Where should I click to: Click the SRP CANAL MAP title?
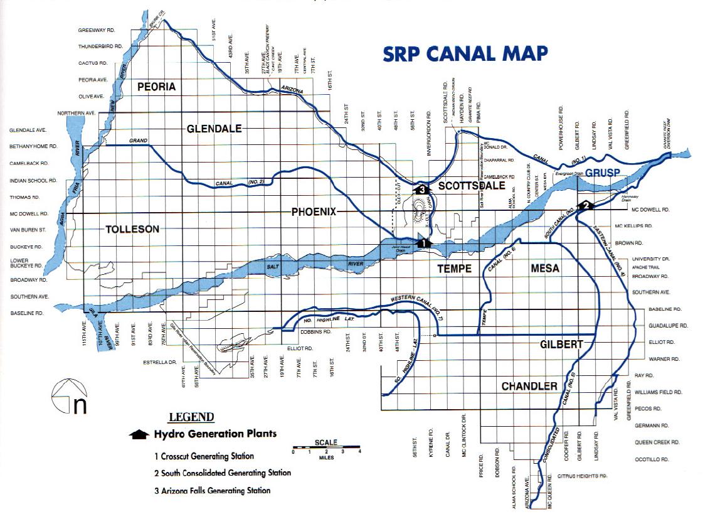[x=465, y=54]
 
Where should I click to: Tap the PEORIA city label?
[x=156, y=87]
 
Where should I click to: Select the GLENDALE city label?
[x=214, y=129]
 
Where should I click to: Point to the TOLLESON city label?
[x=132, y=229]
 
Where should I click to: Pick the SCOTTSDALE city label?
[x=472, y=186]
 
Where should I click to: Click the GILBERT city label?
[x=561, y=344]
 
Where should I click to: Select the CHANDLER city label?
[x=529, y=385]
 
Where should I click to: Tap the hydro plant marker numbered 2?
[x=586, y=205]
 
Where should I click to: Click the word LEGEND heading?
[x=191, y=417]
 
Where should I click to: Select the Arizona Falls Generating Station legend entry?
[x=213, y=490]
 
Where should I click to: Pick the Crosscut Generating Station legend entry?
[x=204, y=456]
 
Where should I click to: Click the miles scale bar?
[x=326, y=450]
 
